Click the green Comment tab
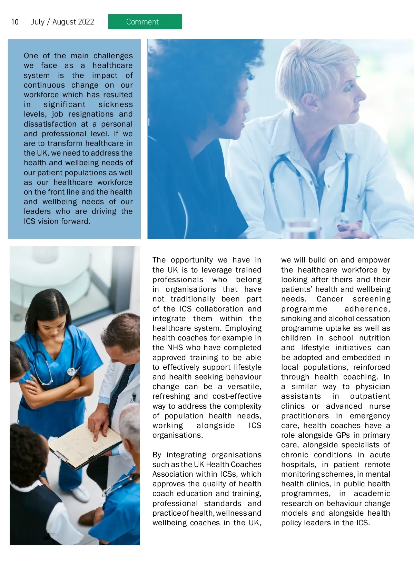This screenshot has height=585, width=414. (145, 22)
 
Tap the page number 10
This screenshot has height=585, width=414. (15, 22)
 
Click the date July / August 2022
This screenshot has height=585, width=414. (62, 22)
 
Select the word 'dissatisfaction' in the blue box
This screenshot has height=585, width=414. (50, 124)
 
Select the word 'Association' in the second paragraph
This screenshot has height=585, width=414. (170, 474)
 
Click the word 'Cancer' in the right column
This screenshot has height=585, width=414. (330, 299)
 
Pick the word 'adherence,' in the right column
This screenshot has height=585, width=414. (367, 309)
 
